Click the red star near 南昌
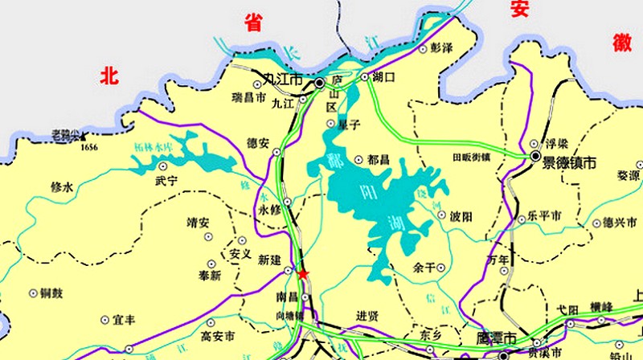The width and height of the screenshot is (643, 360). tap(303, 275)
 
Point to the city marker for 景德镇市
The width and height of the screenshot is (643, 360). tap(535, 157)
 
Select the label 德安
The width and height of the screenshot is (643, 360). tap(258, 143)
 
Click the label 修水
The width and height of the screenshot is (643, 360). tap(62, 187)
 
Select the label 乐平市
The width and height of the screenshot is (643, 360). tap(543, 218)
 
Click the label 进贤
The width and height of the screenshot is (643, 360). tap(367, 314)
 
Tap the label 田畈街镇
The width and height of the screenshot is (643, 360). tap(471, 157)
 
